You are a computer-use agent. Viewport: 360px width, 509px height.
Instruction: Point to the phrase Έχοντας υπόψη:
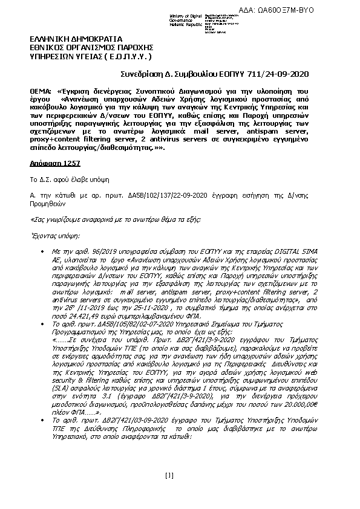click(54, 235)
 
